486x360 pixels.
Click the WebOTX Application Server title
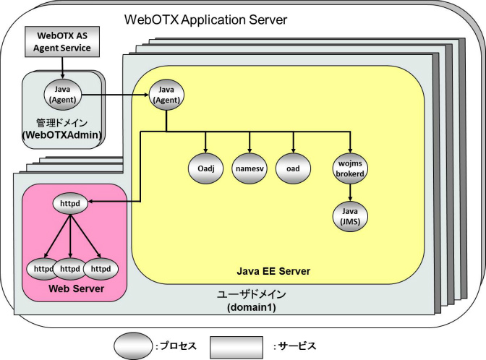[x=206, y=19]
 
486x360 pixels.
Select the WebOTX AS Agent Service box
[x=61, y=42]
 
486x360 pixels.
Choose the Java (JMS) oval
[x=350, y=215]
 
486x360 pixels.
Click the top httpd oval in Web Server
[x=70, y=205]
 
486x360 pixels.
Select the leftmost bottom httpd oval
[x=43, y=268]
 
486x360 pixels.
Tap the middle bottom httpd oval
[x=70, y=268]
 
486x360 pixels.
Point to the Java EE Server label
[x=273, y=271]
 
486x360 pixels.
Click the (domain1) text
[x=252, y=308]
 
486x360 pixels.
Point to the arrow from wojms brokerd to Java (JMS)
[x=350, y=191]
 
